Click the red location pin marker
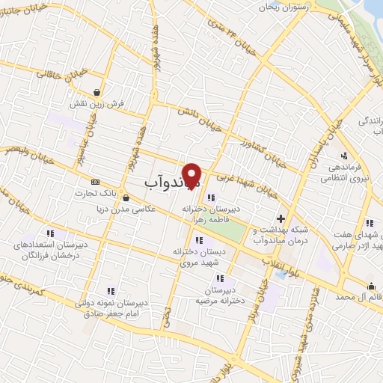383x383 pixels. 192,175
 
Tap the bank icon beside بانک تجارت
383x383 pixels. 95,182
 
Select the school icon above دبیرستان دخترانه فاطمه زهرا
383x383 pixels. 210,198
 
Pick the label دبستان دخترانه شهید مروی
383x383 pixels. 199,257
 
